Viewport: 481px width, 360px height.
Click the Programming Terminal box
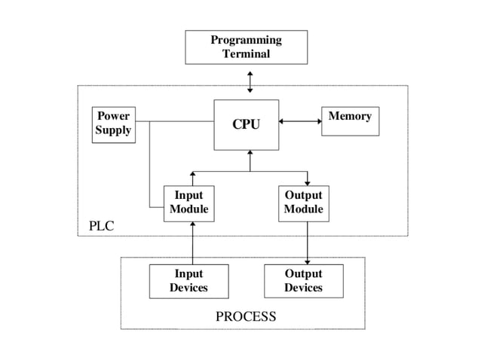tap(246, 47)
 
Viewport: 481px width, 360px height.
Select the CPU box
tap(246, 124)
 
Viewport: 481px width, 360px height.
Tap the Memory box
tap(350, 121)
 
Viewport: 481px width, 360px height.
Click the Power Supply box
tap(113, 124)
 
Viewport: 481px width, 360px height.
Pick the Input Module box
tap(188, 203)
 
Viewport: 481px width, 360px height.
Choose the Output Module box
tap(303, 203)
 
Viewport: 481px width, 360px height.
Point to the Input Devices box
tap(188, 281)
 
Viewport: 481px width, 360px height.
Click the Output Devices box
tap(303, 281)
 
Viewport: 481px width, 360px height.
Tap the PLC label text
tap(101, 225)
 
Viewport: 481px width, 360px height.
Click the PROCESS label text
tap(246, 316)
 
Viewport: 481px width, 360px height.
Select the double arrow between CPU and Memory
tap(299, 121)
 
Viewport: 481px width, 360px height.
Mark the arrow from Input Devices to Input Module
tap(193, 243)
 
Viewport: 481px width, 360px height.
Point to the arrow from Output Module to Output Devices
tap(308, 243)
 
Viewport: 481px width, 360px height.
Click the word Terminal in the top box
tap(246, 54)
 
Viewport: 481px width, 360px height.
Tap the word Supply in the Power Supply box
tap(113, 130)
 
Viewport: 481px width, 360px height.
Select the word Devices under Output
tap(303, 288)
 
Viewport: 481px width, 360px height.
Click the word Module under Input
tap(188, 209)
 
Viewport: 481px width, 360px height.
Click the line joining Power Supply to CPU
tap(181, 121)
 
